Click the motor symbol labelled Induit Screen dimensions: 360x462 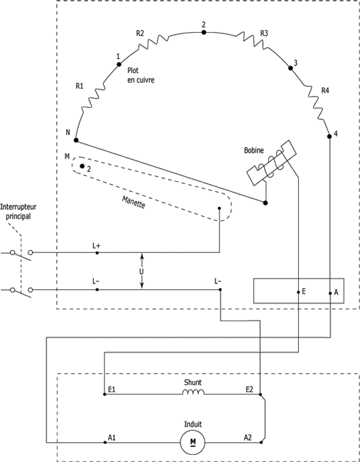(x=193, y=442)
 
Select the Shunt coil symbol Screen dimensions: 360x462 (x=193, y=392)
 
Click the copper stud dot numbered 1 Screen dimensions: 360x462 (x=119, y=65)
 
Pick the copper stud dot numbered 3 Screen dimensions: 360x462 (x=290, y=68)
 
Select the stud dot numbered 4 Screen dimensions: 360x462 (x=329, y=136)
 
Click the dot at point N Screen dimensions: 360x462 (x=76, y=140)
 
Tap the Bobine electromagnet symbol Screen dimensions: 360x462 (x=271, y=163)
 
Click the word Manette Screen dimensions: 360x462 (x=133, y=202)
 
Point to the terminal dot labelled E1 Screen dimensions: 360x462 (x=104, y=394)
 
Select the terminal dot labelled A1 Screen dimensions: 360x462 (x=105, y=442)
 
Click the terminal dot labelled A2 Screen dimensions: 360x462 (x=261, y=442)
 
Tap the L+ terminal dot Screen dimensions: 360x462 (x=97, y=253)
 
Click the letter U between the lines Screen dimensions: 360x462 (x=141, y=271)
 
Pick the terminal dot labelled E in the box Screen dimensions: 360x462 (x=298, y=292)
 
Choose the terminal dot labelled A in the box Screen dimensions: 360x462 (x=330, y=293)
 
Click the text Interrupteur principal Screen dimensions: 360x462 (x=18, y=212)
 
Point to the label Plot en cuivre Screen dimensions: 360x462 (x=141, y=75)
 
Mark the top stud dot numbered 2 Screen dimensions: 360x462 (x=204, y=32)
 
